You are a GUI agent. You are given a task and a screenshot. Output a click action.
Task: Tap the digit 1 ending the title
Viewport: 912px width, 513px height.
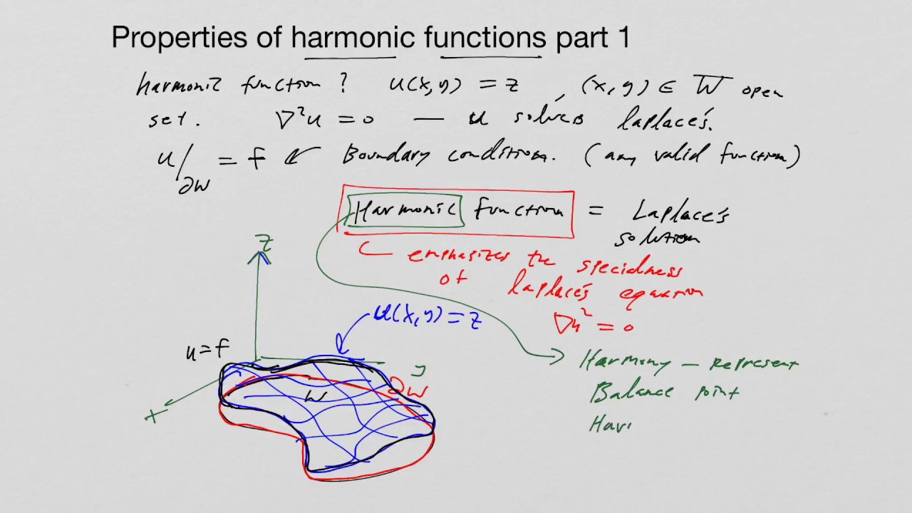click(x=624, y=38)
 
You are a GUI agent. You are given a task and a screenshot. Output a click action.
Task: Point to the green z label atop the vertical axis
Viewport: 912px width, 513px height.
click(x=266, y=244)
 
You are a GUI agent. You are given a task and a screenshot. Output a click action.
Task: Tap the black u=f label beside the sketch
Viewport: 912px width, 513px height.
click(x=207, y=350)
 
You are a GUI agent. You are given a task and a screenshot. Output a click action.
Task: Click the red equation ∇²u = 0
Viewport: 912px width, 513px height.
click(x=593, y=323)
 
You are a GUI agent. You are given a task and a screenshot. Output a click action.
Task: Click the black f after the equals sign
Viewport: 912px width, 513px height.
click(x=256, y=157)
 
